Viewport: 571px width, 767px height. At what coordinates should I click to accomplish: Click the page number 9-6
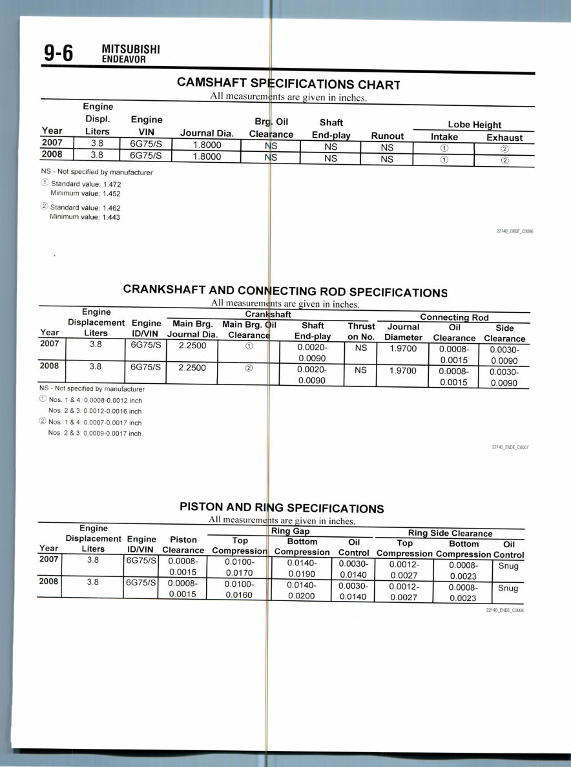(58, 54)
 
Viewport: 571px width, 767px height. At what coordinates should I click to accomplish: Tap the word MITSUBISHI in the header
(131, 50)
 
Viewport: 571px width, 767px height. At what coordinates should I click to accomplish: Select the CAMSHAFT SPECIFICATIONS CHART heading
(289, 85)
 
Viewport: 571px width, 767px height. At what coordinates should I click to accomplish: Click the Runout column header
(387, 136)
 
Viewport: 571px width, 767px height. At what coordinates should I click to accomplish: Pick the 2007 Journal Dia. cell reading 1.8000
(207, 145)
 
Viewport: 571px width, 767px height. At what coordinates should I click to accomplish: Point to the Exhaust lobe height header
(504, 138)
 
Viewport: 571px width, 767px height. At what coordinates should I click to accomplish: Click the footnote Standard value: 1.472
(85, 184)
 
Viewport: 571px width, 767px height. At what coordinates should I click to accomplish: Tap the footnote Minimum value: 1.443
(85, 217)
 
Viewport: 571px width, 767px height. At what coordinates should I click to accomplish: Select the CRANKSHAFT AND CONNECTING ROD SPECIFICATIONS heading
(285, 291)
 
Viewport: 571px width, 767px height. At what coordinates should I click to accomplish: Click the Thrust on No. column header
(361, 331)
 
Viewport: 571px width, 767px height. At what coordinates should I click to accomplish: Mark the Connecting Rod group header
(454, 317)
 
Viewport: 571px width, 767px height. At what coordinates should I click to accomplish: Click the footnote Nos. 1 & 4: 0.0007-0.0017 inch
(95, 423)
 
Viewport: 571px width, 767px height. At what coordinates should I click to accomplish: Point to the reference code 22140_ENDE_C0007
(510, 447)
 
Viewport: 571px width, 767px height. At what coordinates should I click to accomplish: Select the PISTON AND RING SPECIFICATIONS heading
(282, 508)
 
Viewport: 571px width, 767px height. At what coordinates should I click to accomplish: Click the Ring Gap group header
(290, 532)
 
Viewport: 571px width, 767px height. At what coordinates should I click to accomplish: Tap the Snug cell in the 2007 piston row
(508, 566)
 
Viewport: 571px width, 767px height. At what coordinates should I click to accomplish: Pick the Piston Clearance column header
(183, 545)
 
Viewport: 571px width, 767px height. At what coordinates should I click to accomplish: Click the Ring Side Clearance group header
(450, 534)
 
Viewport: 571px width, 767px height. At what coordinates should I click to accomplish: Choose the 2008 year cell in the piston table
(49, 582)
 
